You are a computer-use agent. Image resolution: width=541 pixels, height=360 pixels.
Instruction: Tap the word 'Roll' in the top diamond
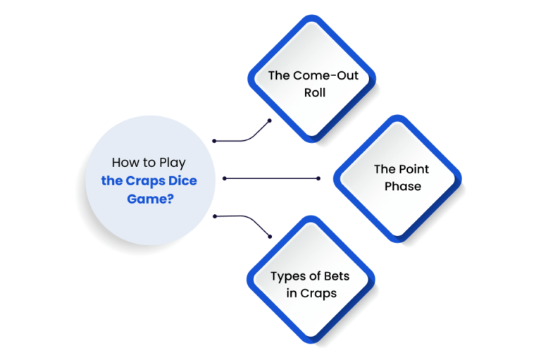coord(315,92)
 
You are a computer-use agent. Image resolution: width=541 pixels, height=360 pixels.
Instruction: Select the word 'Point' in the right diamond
coord(413,169)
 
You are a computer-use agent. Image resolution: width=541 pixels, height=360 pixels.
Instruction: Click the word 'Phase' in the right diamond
coord(403,186)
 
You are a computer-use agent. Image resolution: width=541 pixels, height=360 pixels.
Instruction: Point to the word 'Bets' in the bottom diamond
coord(337,275)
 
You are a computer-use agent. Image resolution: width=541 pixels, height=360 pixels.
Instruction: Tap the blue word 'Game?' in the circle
coord(151,199)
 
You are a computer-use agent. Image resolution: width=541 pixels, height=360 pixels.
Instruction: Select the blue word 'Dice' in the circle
coord(182,180)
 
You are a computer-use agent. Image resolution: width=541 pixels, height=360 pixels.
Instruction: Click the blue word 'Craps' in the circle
coord(145,181)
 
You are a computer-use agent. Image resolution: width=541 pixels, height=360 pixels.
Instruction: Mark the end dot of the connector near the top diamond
coord(270,120)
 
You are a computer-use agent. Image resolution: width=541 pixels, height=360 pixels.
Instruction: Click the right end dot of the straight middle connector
coord(318,178)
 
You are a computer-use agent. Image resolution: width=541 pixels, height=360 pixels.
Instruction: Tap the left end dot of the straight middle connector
coord(225,178)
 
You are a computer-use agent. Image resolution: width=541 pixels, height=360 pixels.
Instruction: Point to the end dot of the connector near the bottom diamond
coord(270,237)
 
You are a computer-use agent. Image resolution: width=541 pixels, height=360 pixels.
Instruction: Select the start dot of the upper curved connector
coord(214,141)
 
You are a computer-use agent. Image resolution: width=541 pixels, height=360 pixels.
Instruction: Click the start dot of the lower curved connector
coord(215,216)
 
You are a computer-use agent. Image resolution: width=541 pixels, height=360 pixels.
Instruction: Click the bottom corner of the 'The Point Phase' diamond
coord(397,242)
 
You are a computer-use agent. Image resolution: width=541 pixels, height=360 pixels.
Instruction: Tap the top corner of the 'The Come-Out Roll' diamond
coord(312,15)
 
